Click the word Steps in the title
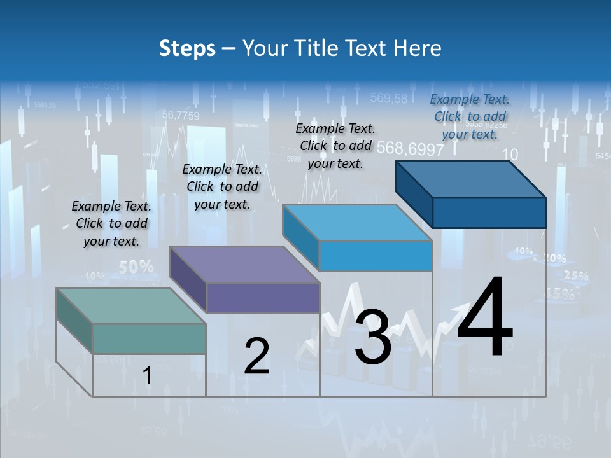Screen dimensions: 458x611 click(187, 48)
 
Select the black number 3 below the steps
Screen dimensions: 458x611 click(372, 337)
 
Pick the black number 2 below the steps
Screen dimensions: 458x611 click(256, 356)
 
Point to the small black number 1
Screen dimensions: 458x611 click(148, 376)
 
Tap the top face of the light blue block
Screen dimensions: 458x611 click(356, 223)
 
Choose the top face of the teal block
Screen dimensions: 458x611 click(130, 306)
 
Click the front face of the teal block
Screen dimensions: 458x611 click(149, 338)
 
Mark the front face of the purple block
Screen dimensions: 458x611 click(262, 298)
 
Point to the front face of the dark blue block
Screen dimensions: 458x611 click(489, 212)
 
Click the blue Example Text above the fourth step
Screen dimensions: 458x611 click(470, 116)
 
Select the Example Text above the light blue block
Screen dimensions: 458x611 click(335, 146)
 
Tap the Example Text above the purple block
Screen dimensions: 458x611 click(222, 186)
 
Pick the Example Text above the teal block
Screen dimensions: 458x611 click(111, 223)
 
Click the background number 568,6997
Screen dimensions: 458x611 click(410, 149)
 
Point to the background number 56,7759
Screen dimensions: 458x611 click(181, 115)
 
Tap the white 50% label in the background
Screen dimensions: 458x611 click(136, 267)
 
